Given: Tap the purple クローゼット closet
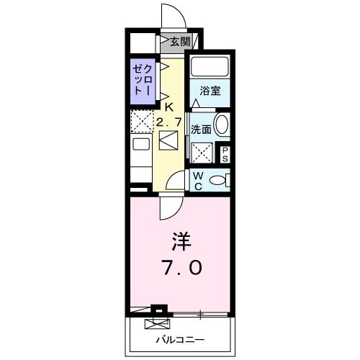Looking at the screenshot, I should click(x=140, y=79).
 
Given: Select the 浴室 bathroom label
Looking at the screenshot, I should click(x=210, y=91).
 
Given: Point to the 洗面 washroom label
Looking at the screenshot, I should click(x=201, y=130).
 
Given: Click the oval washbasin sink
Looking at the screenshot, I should click(x=222, y=125).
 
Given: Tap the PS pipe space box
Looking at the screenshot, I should click(x=225, y=153).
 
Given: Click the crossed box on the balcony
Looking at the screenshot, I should click(x=154, y=324).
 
